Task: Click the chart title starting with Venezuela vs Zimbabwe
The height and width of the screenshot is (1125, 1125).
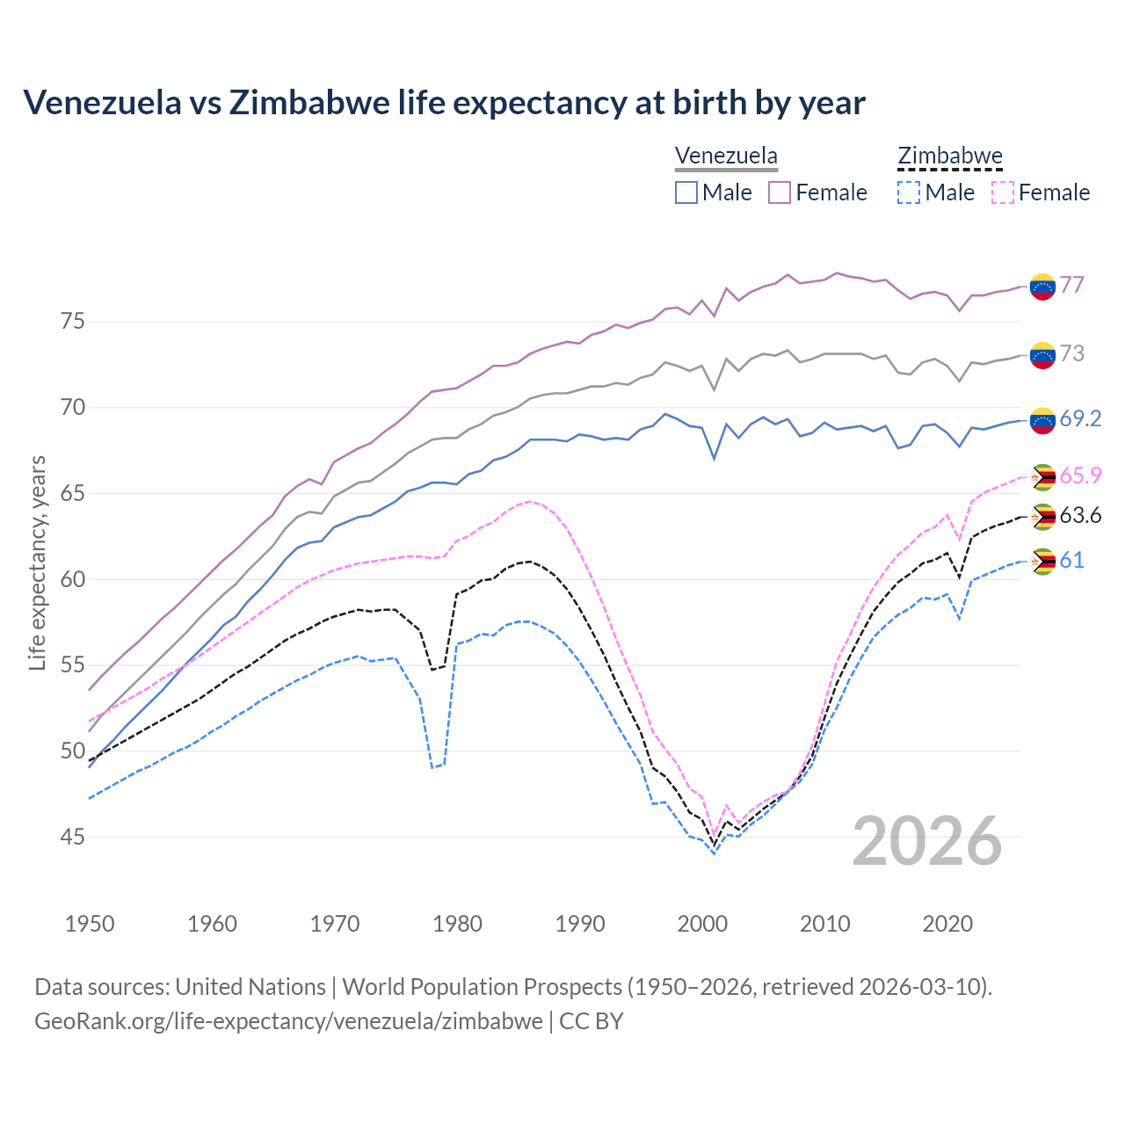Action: tap(444, 103)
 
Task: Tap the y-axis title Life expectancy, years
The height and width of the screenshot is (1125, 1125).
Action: tap(37, 562)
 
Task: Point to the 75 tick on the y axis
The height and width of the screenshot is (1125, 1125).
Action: tap(73, 322)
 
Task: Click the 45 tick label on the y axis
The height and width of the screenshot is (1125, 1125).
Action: tap(73, 837)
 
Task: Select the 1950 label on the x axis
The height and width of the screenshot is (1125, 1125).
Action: tap(90, 924)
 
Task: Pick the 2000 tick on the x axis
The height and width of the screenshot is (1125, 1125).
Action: tap(702, 924)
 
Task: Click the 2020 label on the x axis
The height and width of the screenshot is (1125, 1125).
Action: tap(947, 924)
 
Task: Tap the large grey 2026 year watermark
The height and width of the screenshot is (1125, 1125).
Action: tap(927, 841)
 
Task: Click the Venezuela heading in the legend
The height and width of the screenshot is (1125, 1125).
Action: tap(726, 156)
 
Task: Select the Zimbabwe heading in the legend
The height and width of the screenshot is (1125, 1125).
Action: tap(949, 156)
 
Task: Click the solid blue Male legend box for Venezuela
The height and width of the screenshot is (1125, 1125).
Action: tap(686, 192)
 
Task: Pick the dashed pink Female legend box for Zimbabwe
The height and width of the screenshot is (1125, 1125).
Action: tap(1002, 192)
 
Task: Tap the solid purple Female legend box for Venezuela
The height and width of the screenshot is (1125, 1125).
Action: tap(780, 192)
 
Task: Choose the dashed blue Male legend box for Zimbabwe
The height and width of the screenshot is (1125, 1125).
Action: tap(909, 192)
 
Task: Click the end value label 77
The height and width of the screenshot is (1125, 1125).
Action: tap(1071, 285)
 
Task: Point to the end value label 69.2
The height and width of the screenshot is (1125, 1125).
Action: tap(1080, 419)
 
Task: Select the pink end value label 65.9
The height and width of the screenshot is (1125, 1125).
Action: tap(1080, 475)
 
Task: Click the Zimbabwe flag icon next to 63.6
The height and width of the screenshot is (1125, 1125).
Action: tap(1042, 516)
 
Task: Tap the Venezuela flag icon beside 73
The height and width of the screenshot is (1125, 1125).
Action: tap(1042, 354)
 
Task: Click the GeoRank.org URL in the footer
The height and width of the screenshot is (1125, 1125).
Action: tap(288, 1021)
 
